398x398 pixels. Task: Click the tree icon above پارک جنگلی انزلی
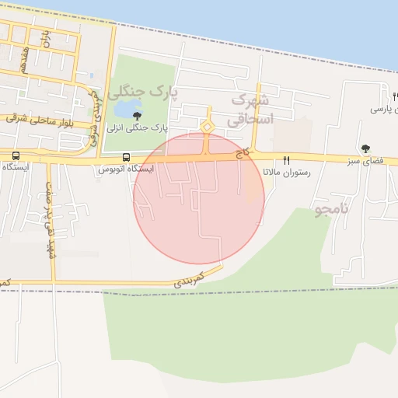[x=138, y=116]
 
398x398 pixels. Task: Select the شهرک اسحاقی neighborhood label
[x=251, y=110]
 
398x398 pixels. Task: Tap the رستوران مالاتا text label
[x=286, y=172]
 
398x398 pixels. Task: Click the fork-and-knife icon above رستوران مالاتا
[x=286, y=159]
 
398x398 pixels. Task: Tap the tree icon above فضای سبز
[x=366, y=148]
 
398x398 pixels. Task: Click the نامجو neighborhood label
[x=333, y=211]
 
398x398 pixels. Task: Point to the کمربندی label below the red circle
[x=190, y=279]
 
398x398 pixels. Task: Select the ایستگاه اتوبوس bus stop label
[x=126, y=169]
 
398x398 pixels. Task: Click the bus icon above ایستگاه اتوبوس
[x=126, y=156]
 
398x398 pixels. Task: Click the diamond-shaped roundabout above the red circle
[x=207, y=127]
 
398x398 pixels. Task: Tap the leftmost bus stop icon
[x=16, y=155]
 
